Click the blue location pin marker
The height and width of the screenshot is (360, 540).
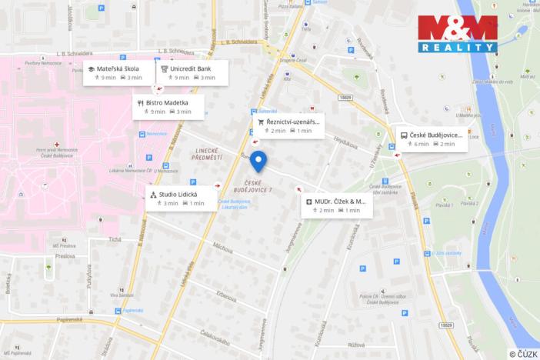pos(259,162)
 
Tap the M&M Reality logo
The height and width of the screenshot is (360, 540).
pos(457,34)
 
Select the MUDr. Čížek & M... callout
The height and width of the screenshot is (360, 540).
pos(338,205)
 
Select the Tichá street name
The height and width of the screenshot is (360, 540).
pos(115,239)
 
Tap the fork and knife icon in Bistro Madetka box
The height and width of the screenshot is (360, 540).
pos(140,102)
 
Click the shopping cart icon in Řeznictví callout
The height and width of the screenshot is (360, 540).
pos(261,122)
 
